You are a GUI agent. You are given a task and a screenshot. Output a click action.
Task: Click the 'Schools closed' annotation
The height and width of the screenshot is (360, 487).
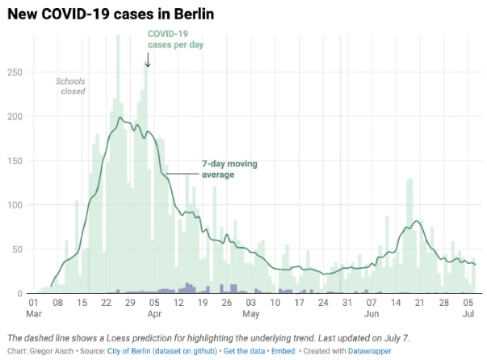coord(70,86)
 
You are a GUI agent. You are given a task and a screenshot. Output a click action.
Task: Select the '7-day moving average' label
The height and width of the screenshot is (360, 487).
coord(236,169)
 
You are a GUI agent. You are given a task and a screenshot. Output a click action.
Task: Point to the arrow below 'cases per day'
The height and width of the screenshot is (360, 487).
coord(147,59)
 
